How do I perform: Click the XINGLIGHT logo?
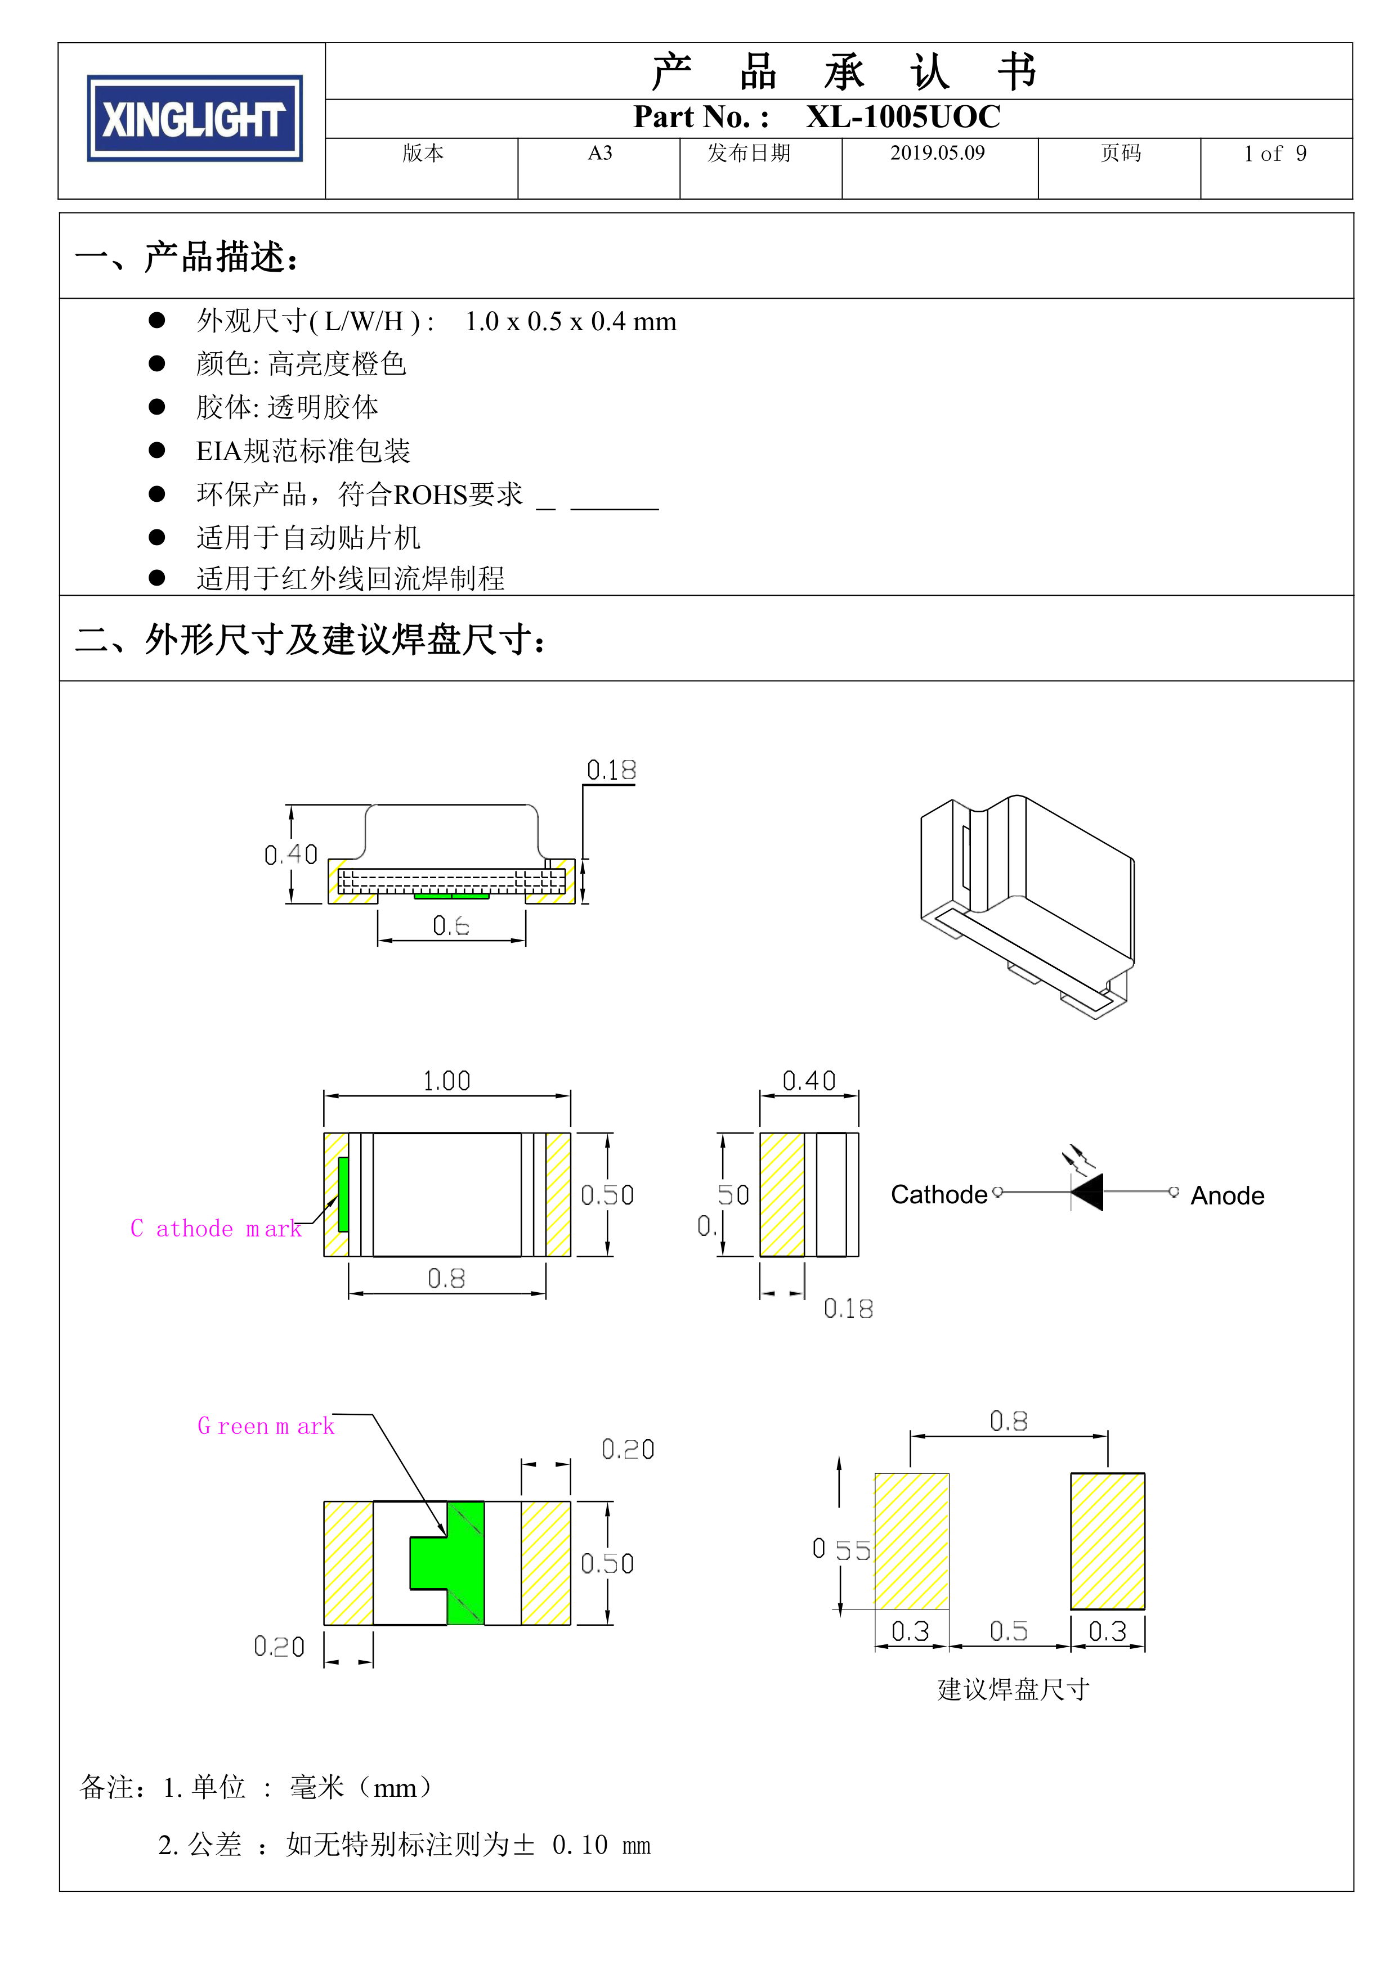(194, 119)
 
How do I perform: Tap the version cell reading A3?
(599, 153)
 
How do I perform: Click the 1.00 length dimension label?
(446, 1081)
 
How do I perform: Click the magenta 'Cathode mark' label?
(216, 1229)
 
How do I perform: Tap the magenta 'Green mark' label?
(266, 1426)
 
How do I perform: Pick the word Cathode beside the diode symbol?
(938, 1195)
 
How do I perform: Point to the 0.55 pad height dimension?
(841, 1550)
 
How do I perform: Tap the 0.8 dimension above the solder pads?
(1008, 1421)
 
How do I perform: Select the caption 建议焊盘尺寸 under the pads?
(1013, 1689)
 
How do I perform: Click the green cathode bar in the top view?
(343, 1194)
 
